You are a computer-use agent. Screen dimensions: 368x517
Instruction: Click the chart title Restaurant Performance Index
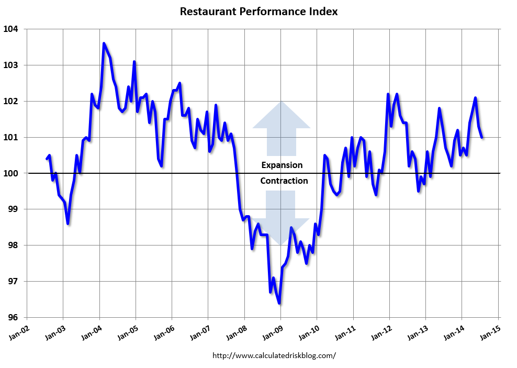(258, 12)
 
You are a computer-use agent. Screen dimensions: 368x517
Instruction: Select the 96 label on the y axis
(13, 317)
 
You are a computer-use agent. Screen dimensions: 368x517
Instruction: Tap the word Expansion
(282, 165)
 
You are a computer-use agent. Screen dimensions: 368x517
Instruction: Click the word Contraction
(284, 181)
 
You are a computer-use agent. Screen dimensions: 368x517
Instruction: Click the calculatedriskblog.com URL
(274, 355)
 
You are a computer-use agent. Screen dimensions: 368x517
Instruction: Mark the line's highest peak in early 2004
(104, 43)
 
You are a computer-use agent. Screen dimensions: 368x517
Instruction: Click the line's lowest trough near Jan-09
(279, 303)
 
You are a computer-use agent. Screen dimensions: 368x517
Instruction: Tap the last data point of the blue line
(481, 137)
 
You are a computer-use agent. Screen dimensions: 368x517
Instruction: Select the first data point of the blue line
(47, 159)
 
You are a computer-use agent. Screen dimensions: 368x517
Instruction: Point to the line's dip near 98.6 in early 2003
(68, 224)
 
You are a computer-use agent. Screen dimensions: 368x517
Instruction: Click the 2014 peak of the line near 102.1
(475, 98)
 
